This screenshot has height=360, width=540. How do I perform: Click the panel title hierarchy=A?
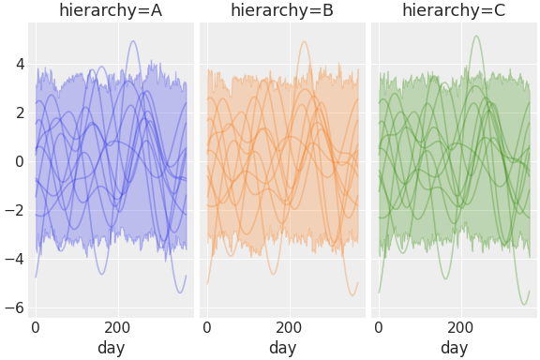click(111, 10)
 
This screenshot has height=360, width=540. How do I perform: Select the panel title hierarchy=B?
click(282, 10)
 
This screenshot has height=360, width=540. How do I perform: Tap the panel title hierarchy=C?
click(454, 10)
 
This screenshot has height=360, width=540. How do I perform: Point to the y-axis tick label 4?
click(18, 64)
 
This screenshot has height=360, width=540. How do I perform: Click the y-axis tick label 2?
click(18, 112)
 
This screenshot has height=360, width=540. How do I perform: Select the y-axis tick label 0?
click(18, 161)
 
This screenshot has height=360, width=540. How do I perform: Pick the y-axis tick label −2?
click(13, 210)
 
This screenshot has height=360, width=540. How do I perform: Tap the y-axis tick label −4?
click(13, 259)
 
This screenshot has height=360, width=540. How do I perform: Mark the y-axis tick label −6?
click(13, 307)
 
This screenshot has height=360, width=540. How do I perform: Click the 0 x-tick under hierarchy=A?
click(36, 328)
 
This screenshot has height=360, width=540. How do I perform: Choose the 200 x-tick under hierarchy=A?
click(118, 328)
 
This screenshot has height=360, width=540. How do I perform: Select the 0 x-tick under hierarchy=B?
click(207, 328)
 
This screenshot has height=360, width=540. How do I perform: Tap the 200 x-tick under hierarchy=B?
click(290, 328)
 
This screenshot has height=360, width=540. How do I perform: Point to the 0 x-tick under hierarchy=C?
click(379, 328)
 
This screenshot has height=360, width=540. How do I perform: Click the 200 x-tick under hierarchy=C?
click(461, 328)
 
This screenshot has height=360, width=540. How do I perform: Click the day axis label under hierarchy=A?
click(111, 348)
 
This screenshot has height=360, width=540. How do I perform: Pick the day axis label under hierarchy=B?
click(282, 348)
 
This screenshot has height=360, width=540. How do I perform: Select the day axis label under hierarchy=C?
click(454, 348)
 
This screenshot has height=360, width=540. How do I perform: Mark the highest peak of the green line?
click(476, 37)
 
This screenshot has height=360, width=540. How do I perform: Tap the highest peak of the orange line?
click(304, 41)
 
